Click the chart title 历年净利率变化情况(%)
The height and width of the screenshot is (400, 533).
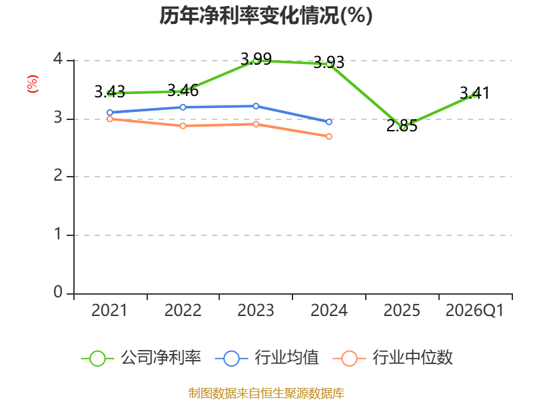(x=266, y=15)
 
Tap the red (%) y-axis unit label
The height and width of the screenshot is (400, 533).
(x=33, y=84)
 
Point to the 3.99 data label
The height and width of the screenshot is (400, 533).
(x=256, y=59)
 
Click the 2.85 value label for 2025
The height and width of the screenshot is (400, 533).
(x=402, y=126)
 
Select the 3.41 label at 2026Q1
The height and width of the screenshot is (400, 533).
(x=475, y=93)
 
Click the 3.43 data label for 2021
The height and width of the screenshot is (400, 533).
(x=110, y=92)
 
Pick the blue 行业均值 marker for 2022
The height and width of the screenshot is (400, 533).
(x=183, y=107)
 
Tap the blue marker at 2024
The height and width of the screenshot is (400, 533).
(x=329, y=122)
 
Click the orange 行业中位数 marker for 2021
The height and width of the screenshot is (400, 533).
(x=110, y=119)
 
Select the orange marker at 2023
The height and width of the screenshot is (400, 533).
(x=256, y=124)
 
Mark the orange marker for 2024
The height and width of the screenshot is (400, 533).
(x=329, y=137)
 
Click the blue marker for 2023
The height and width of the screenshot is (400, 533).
(x=256, y=106)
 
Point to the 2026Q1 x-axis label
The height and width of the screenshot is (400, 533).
(x=475, y=311)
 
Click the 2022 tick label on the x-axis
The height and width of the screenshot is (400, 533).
(x=183, y=311)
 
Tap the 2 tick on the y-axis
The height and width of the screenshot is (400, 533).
(x=58, y=176)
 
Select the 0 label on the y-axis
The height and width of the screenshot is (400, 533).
(x=58, y=292)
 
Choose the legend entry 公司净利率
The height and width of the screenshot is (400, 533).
(x=141, y=358)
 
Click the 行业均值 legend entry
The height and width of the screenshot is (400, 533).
(x=267, y=358)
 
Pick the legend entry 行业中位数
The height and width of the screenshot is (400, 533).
(x=393, y=358)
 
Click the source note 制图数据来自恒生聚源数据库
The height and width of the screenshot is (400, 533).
(x=266, y=393)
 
